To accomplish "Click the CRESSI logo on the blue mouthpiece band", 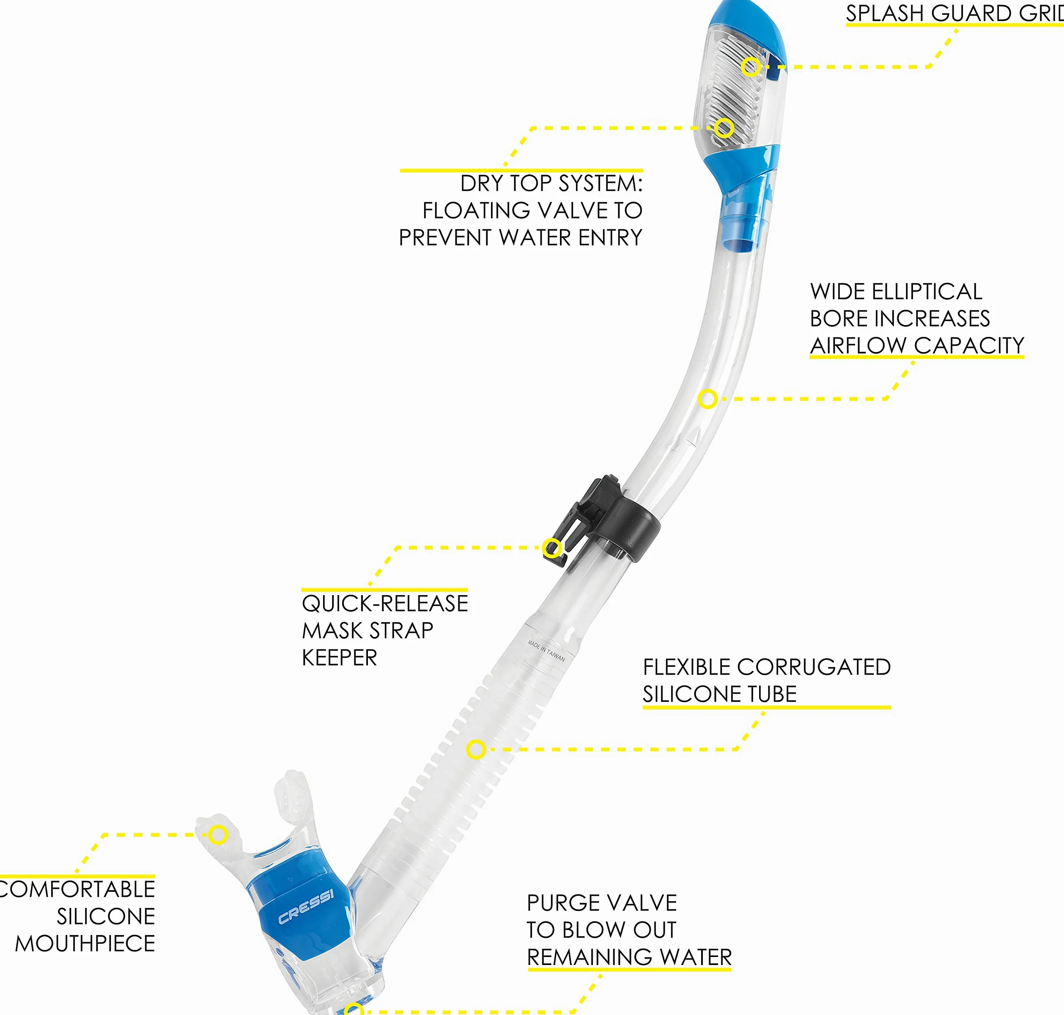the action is coord(306,906).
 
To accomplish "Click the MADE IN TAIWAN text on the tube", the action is coord(546,651).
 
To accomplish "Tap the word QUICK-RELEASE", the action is coord(385,603).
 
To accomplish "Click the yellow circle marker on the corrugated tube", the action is coord(476,749).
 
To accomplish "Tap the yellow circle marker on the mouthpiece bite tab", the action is coord(218,835).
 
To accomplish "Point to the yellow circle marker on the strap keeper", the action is coord(552,548).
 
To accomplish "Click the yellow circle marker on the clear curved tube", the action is coord(708,399).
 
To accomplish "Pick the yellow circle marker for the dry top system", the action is coord(724,128).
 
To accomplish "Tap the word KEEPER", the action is coord(340,657).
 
